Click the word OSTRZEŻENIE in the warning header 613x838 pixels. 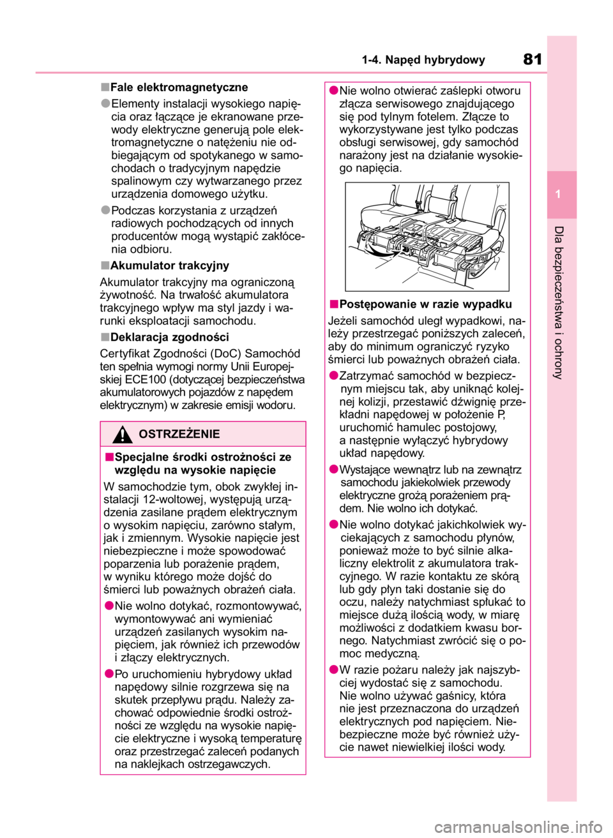179,434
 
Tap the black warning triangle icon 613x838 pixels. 122,435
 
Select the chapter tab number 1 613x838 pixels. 558,194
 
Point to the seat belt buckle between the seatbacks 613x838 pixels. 421,204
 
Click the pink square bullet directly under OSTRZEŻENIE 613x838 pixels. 109,456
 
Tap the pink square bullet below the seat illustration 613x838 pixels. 334,304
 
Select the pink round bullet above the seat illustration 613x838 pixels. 334,90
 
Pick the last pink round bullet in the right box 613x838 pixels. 334,670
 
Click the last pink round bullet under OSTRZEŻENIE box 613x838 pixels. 109,673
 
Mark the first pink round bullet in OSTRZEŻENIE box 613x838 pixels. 109,606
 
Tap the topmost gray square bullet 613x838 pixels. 105,87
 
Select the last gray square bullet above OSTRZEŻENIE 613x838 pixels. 105,337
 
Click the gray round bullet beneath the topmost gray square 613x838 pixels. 105,103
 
